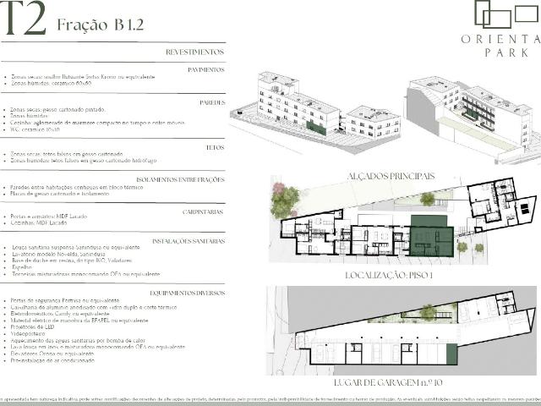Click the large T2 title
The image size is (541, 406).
point(23,21)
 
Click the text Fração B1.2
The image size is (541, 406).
point(101,23)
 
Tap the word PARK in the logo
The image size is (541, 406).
point(500,53)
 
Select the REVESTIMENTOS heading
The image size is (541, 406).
point(195,52)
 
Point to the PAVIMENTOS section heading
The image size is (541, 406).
point(205,69)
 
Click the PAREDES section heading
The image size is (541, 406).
point(210,102)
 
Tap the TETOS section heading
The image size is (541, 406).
point(215,146)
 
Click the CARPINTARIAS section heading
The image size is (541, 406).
point(203,211)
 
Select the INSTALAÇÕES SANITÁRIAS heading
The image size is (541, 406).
point(189,241)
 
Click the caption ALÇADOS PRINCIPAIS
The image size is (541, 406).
point(379,176)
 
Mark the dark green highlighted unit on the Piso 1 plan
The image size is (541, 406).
point(431,236)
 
